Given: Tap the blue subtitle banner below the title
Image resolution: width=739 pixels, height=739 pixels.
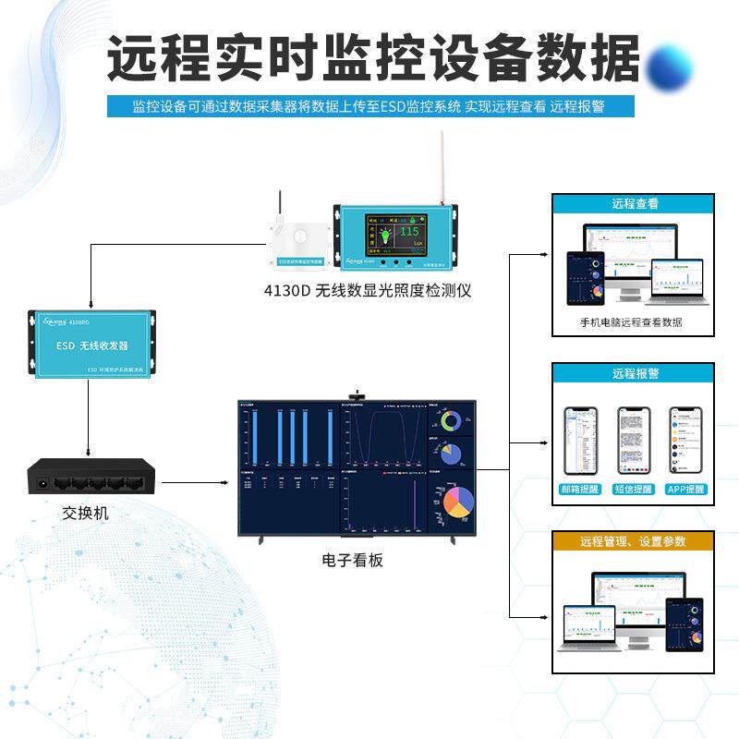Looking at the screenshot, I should click(x=369, y=106).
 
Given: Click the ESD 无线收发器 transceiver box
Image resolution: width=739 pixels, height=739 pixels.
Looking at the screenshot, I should click(x=91, y=345).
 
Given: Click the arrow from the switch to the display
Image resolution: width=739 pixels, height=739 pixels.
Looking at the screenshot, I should click(x=195, y=481).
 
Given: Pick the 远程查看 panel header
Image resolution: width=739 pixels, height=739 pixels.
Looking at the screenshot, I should click(x=634, y=204).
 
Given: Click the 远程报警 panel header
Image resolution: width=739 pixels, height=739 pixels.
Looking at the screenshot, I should click(x=634, y=374).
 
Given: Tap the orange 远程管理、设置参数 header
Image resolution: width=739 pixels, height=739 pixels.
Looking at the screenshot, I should click(x=634, y=541).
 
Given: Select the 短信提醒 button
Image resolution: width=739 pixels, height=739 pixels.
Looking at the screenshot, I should click(x=634, y=489).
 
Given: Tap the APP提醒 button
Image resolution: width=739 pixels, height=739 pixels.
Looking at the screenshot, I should click(x=685, y=489).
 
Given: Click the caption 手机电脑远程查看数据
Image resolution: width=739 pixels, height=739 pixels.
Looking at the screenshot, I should click(x=631, y=323).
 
